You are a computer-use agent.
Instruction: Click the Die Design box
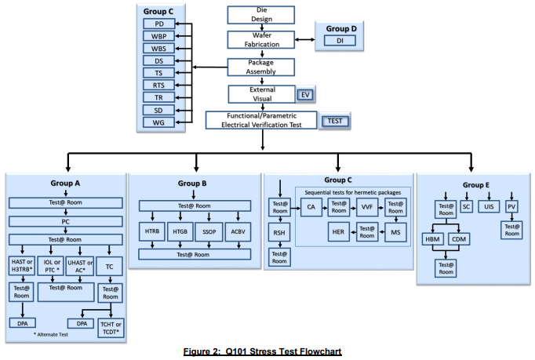tap(261, 15)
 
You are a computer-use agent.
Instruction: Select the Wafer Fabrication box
tap(261, 40)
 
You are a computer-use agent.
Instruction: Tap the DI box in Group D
tap(340, 41)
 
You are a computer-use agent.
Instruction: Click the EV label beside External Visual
tap(305, 95)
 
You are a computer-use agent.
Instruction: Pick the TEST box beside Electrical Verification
tap(335, 121)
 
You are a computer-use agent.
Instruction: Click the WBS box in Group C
tap(159, 49)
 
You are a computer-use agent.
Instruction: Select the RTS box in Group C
tap(159, 85)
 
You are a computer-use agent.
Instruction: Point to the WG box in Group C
tap(159, 122)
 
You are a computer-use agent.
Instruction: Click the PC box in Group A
tap(66, 221)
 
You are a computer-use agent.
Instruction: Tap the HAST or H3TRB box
tap(21, 266)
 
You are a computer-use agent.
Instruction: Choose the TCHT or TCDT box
tap(111, 329)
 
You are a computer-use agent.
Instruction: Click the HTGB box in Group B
tap(180, 231)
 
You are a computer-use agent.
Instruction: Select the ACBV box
tap(238, 231)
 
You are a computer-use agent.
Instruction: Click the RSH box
tap(279, 233)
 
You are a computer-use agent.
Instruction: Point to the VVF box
tap(367, 207)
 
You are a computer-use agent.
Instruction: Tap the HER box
tap(338, 232)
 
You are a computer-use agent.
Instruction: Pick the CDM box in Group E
tap(459, 239)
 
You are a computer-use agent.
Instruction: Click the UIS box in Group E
tap(489, 206)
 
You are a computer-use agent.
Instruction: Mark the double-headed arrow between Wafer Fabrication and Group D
tap(305, 39)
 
